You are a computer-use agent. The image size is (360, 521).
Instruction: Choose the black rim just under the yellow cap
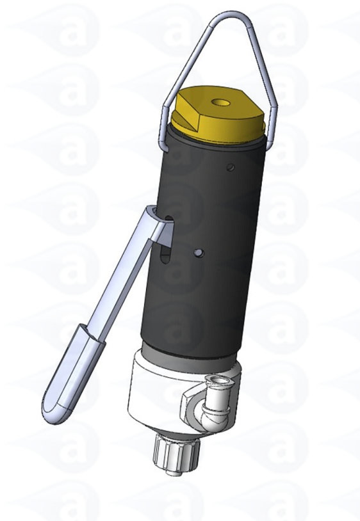218,142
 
